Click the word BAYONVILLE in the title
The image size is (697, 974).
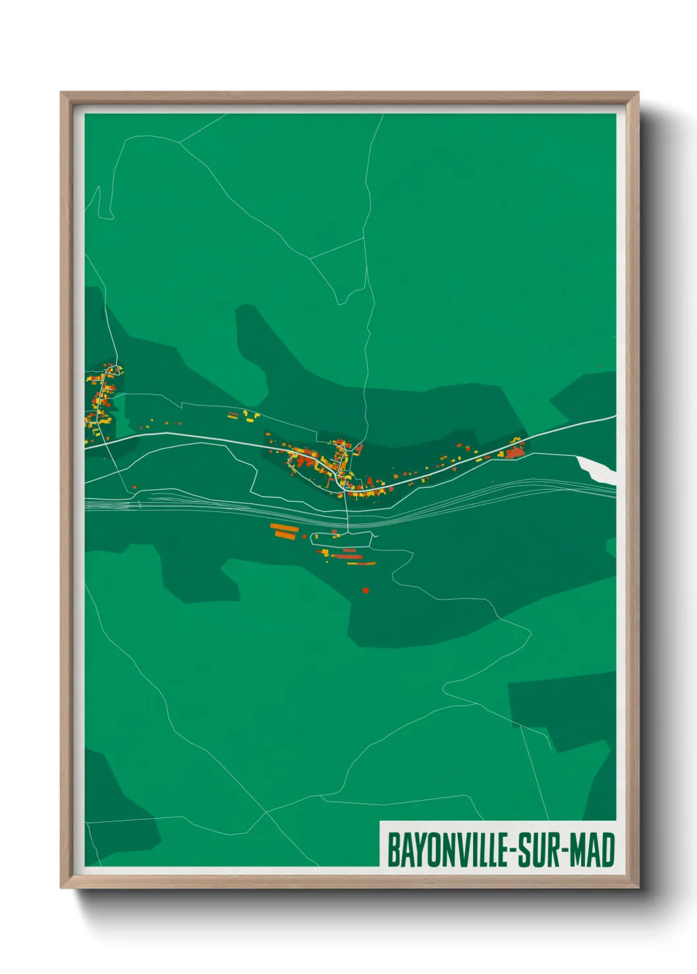click(x=447, y=850)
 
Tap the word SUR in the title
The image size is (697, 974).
click(x=536, y=850)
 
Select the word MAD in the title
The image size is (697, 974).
click(x=592, y=850)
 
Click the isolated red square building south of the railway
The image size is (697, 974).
click(x=366, y=590)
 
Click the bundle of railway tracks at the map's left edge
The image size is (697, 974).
click(x=99, y=504)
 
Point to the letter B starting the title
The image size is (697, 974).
click(x=393, y=850)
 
